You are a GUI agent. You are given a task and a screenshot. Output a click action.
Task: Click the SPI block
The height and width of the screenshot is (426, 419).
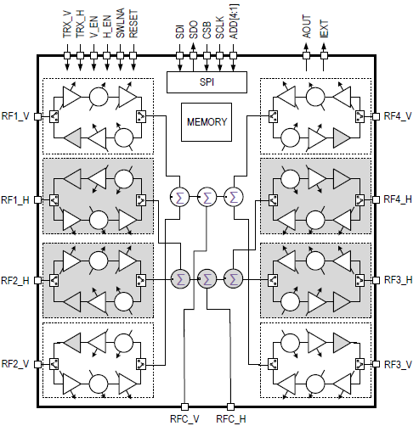(x=207, y=81)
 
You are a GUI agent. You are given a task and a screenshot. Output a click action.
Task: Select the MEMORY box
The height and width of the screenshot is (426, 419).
(x=207, y=122)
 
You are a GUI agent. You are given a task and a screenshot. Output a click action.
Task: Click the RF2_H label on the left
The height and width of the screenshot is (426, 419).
(x=17, y=279)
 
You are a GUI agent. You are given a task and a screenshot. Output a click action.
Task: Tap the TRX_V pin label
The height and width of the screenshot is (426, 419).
(x=66, y=23)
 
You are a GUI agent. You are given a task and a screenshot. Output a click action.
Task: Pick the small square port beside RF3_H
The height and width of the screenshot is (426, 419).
(x=376, y=279)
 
